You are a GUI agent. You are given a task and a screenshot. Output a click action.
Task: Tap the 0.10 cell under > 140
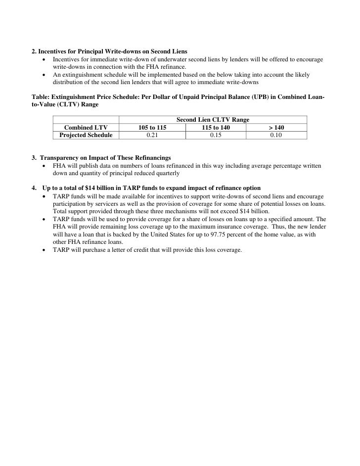[276, 135]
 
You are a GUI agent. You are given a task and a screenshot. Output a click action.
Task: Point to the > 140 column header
[276, 128]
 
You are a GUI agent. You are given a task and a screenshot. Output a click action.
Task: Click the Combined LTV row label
[86, 128]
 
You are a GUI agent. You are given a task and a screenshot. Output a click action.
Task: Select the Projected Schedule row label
[86, 135]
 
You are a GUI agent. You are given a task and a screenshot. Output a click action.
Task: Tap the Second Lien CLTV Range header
[213, 120]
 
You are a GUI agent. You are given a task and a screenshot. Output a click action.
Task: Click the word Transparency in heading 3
[61, 157]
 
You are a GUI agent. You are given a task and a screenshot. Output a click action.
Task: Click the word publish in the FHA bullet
[87, 166]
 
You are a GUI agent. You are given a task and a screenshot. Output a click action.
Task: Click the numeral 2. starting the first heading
[34, 51]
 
